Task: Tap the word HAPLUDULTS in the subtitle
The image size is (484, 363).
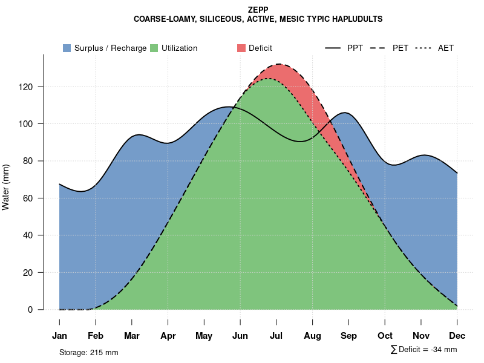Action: (x=356, y=19)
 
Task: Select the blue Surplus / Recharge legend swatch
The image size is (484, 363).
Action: (x=67, y=48)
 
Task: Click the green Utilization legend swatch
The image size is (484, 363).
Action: (x=154, y=48)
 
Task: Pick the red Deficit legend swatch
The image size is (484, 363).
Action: (x=241, y=48)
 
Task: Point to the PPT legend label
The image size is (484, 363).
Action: (x=355, y=48)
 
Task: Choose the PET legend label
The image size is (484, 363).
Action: (x=401, y=48)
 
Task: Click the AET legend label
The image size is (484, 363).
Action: (x=446, y=48)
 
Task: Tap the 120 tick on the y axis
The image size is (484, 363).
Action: (x=33, y=87)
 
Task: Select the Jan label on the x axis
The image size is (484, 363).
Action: (x=59, y=336)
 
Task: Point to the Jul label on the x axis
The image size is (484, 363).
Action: (x=276, y=336)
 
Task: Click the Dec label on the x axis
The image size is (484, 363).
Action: (x=457, y=336)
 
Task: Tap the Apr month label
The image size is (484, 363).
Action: (x=168, y=336)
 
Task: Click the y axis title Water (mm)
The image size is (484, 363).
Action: (x=6, y=187)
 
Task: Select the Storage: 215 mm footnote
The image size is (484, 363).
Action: (x=88, y=352)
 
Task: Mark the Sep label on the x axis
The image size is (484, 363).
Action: (x=348, y=336)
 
